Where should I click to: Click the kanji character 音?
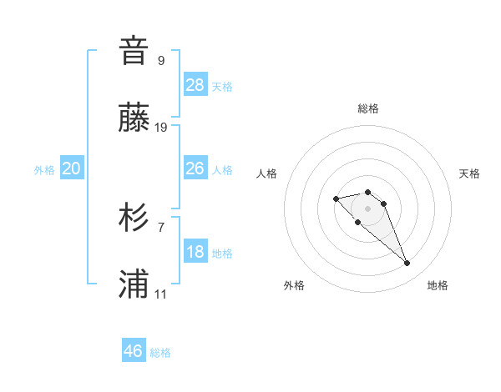click(134, 51)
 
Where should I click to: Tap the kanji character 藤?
click(134, 118)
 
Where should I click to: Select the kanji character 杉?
click(134, 219)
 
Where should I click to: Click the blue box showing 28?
click(195, 84)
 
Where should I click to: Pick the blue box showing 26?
click(195, 168)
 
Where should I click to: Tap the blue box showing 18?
click(195, 252)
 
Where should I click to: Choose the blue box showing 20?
click(72, 168)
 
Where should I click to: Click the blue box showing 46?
click(134, 350)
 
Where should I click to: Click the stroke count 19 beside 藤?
click(161, 128)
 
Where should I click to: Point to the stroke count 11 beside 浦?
click(161, 295)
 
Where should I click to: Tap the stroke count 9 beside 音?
click(161, 60)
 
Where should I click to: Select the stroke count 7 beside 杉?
click(161, 227)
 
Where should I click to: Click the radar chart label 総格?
click(368, 108)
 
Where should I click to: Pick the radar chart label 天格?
click(469, 173)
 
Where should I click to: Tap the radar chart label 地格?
click(438, 285)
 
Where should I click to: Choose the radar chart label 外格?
click(294, 285)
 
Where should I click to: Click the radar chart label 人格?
click(267, 173)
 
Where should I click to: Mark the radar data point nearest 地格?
click(407, 264)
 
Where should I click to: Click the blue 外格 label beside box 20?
click(44, 169)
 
